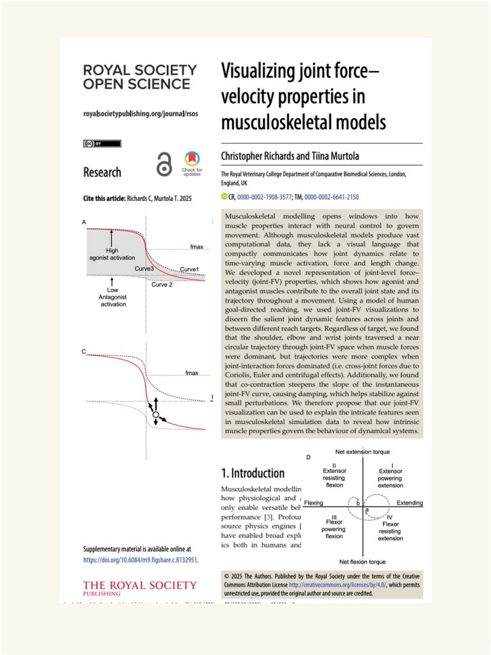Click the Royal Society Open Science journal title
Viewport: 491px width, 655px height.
pyautogui.click(x=139, y=77)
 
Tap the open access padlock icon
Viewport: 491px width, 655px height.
pyautogui.click(x=164, y=166)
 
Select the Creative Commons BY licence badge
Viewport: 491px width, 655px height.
pyautogui.click(x=102, y=143)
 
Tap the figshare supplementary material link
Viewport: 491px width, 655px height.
pyautogui.click(x=140, y=560)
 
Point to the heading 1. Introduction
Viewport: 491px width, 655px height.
pyautogui.click(x=253, y=473)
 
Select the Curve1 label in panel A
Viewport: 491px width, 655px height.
pyautogui.click(x=189, y=269)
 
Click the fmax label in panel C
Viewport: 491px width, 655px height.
pyautogui.click(x=191, y=372)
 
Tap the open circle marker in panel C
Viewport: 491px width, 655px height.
pyautogui.click(x=155, y=416)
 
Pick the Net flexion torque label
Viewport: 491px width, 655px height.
pyautogui.click(x=362, y=562)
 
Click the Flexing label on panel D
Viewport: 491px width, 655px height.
pyautogui.click(x=313, y=503)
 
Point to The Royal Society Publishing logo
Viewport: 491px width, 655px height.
pyautogui.click(x=139, y=588)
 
